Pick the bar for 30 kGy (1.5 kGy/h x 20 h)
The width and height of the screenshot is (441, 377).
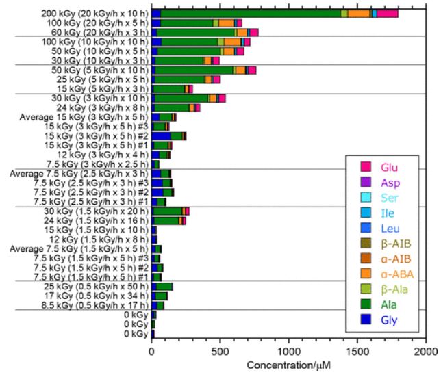(171, 211)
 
